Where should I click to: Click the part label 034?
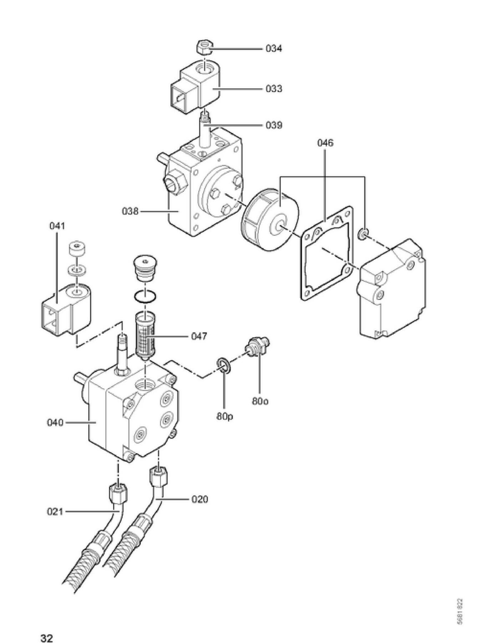[x=274, y=49]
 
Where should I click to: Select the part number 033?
[x=274, y=88]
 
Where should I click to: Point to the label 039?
[x=274, y=125]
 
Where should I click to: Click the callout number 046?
[x=325, y=143]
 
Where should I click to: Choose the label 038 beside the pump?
[x=130, y=211]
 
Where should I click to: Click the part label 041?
[x=57, y=226]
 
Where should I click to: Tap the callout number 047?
[x=199, y=336]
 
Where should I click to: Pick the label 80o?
[x=260, y=401]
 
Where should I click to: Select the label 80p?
[x=224, y=416]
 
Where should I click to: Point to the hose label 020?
[x=199, y=499]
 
